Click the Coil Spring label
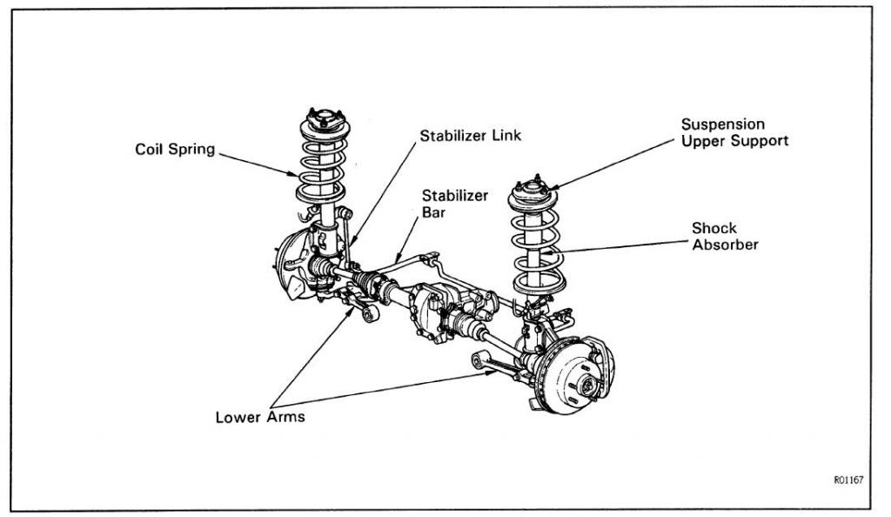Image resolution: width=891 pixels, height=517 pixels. pos(174,150)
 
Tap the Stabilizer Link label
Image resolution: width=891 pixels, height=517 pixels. pos(471,136)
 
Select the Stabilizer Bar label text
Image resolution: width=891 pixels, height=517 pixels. pos(455,203)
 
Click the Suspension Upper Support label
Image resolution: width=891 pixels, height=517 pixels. pos(734,132)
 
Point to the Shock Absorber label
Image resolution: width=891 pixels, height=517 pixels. pos(725,237)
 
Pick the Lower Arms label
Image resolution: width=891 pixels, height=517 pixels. pos(260,417)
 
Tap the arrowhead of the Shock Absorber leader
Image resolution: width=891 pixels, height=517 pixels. pos(552,253)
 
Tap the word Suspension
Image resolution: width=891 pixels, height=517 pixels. pos(722,124)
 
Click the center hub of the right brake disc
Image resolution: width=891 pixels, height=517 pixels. pos(588,384)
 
